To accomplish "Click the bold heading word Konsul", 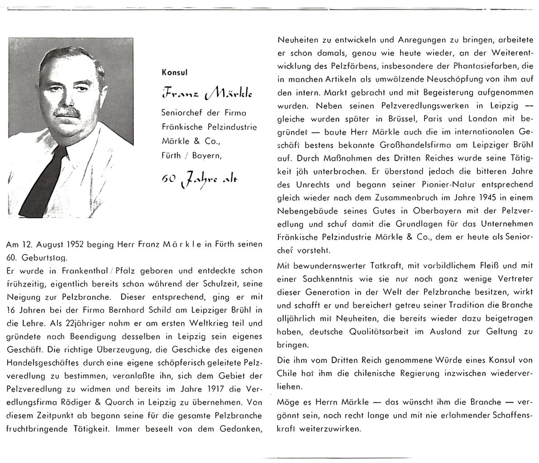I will (174, 72).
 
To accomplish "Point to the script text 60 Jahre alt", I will (199, 180).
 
